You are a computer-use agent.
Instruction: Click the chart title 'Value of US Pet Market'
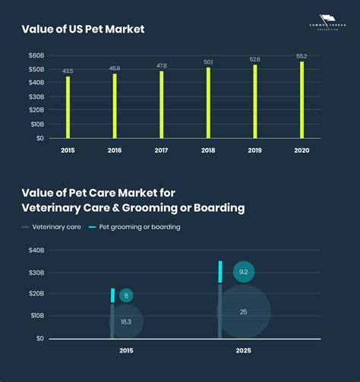click(x=84, y=29)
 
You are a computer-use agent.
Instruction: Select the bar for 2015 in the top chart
click(x=68, y=107)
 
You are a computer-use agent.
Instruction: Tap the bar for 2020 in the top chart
click(x=302, y=99)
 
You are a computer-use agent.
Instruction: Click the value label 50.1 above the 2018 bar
click(x=208, y=62)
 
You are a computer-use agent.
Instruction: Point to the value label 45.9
click(x=115, y=68)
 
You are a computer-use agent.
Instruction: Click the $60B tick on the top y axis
click(x=36, y=55)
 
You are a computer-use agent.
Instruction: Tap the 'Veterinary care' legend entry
click(x=52, y=227)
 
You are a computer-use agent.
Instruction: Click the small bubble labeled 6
click(x=125, y=295)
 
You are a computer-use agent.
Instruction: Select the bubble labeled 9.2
click(x=243, y=272)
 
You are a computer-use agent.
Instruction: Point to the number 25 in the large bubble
click(x=243, y=312)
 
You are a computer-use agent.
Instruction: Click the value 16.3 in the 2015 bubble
click(x=125, y=322)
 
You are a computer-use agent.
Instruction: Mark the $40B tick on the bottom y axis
click(x=36, y=251)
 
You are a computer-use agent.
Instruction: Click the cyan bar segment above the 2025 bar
click(x=220, y=272)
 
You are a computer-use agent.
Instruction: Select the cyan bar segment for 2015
click(x=112, y=295)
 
